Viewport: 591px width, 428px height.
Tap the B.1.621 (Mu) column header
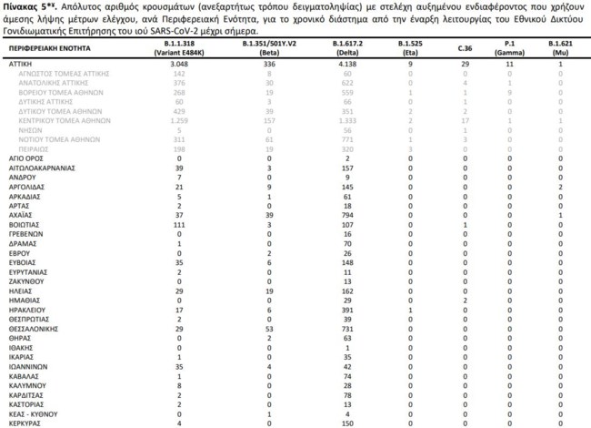coord(559,48)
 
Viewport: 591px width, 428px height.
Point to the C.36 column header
coord(465,44)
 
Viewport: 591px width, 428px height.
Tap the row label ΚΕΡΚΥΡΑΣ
coord(24,423)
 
